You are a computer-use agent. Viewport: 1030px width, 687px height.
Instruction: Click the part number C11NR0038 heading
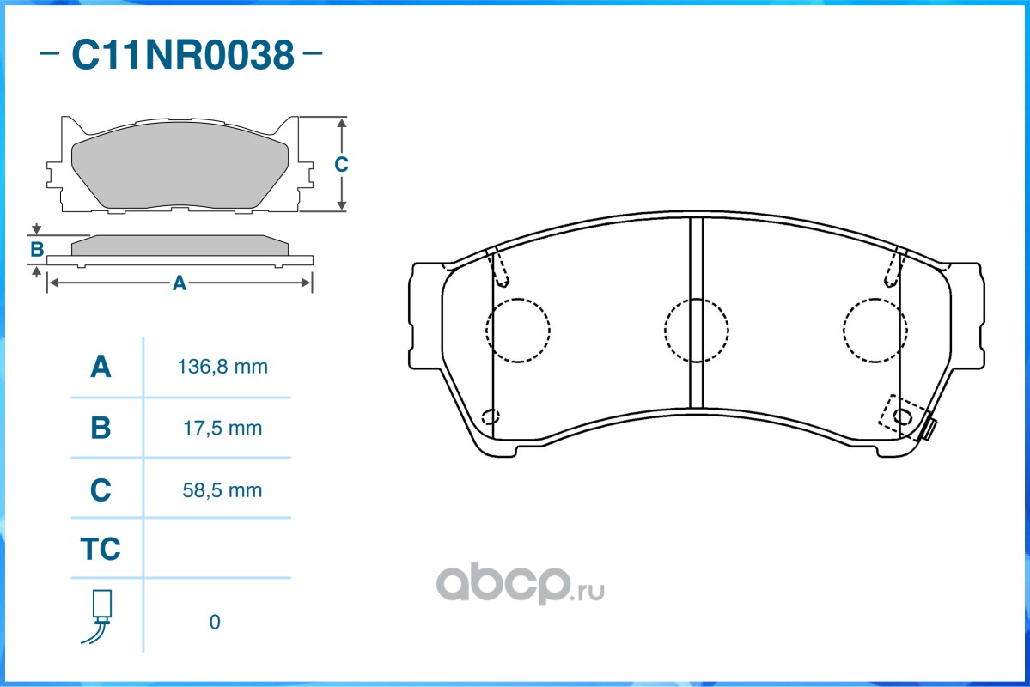click(x=182, y=56)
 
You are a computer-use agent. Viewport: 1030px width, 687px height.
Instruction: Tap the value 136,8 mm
click(x=222, y=368)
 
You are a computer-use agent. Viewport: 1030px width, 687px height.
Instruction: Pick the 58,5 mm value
click(x=222, y=490)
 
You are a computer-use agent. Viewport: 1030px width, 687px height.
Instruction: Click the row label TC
click(x=101, y=549)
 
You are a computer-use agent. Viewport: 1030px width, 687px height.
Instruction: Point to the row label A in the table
click(x=101, y=368)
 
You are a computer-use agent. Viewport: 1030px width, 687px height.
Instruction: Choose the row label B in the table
click(x=101, y=428)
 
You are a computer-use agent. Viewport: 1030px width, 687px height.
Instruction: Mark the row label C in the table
click(x=101, y=490)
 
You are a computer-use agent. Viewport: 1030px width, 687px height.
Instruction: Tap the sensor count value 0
click(x=215, y=622)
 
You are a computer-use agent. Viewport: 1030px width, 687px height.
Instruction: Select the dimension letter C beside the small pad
click(x=341, y=164)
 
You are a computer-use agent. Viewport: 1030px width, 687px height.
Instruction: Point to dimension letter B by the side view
click(x=37, y=250)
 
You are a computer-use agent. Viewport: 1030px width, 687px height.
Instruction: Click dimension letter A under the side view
click(x=179, y=283)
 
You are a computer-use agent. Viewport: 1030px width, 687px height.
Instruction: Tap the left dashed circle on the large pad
click(x=517, y=330)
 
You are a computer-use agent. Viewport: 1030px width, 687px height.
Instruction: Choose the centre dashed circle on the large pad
click(x=696, y=330)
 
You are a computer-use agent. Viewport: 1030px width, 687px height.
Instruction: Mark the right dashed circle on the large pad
click(x=875, y=330)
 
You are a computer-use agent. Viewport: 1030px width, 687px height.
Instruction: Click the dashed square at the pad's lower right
click(x=903, y=417)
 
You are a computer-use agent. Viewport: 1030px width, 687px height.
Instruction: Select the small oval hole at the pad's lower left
click(x=491, y=417)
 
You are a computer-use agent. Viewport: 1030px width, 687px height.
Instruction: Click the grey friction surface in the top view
click(x=179, y=171)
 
